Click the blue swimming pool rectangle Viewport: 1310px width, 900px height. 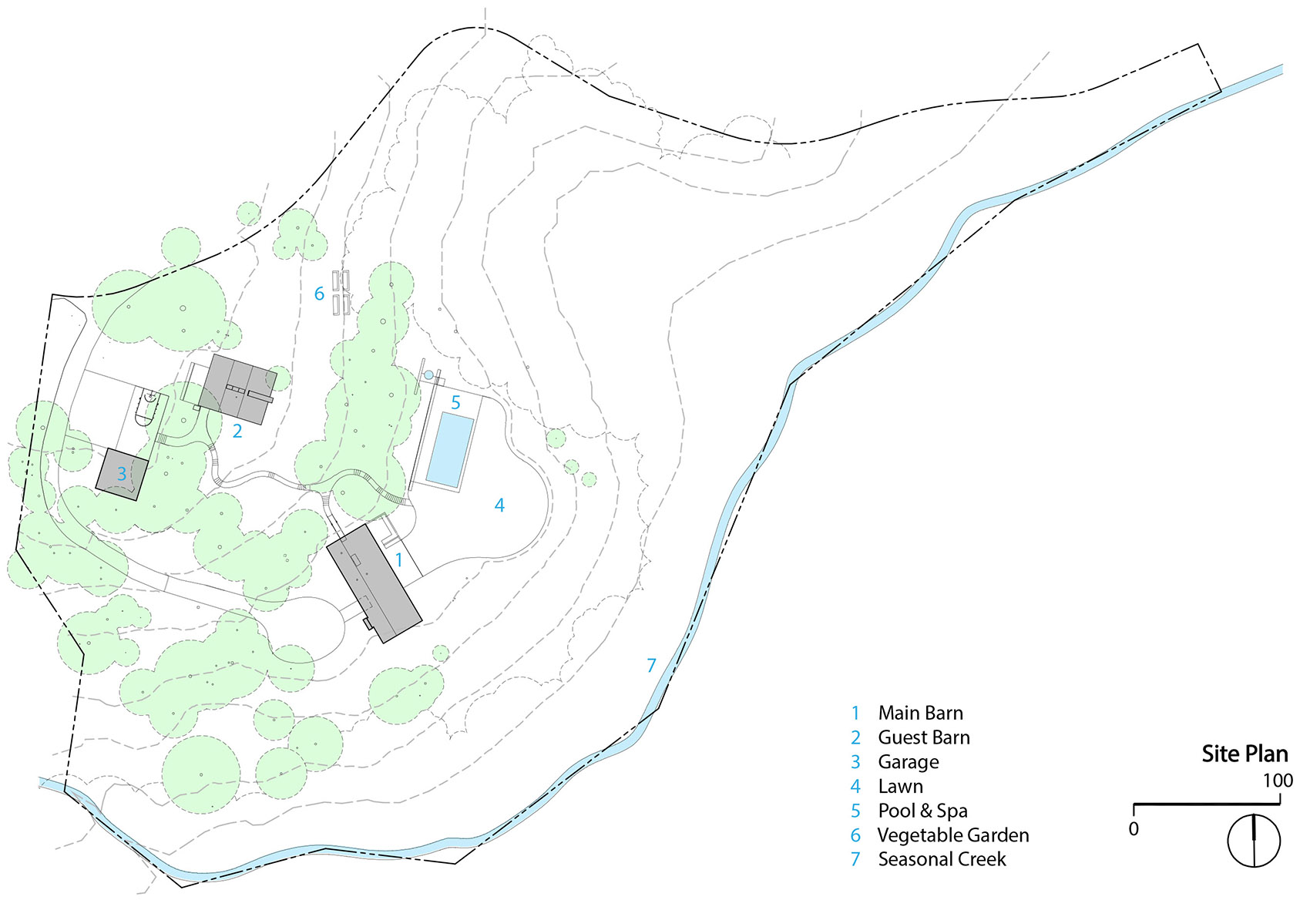(x=450, y=449)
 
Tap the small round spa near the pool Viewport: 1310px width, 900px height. (x=428, y=374)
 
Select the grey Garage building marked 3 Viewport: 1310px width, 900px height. (x=122, y=474)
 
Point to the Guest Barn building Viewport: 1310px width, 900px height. (x=237, y=389)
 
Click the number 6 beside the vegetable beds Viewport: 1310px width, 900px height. (x=319, y=294)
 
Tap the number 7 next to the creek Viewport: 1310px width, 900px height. (x=651, y=665)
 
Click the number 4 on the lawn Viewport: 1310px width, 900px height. (x=499, y=505)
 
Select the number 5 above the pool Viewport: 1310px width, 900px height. (x=455, y=402)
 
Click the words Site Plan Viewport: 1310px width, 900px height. (x=1244, y=754)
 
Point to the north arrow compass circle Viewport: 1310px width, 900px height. (x=1254, y=840)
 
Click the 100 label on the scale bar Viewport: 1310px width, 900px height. (x=1277, y=781)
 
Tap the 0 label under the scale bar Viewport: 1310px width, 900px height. (x=1134, y=829)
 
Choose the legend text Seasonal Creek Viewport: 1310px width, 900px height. (x=942, y=859)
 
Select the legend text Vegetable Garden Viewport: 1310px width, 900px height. (x=953, y=835)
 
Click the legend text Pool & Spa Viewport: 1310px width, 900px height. (x=922, y=811)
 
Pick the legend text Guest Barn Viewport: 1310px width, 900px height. (x=924, y=737)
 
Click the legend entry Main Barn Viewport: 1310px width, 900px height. (x=920, y=713)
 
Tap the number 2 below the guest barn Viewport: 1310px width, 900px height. (x=237, y=432)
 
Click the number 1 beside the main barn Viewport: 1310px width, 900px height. (x=399, y=560)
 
